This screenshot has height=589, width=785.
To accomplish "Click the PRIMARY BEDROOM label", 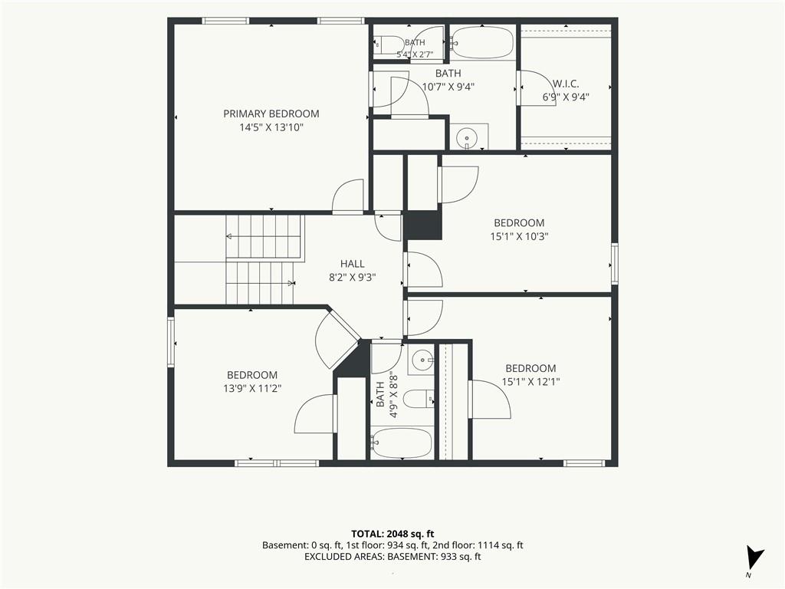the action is (x=271, y=114).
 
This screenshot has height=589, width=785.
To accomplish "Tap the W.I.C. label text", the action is (x=566, y=84).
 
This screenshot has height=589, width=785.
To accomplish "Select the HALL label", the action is (x=353, y=264).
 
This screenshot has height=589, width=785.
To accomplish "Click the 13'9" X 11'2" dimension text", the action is (x=252, y=388).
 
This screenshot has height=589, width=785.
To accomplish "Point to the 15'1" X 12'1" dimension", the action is (x=530, y=382).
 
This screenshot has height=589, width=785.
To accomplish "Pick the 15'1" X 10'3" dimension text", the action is (x=519, y=236).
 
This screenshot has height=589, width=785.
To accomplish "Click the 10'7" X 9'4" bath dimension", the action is (x=448, y=87).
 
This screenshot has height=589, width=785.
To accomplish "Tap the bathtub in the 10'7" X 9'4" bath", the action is (x=482, y=43).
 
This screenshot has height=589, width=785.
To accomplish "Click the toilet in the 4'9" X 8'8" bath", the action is (x=419, y=399).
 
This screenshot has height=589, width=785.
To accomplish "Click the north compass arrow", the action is (x=754, y=558).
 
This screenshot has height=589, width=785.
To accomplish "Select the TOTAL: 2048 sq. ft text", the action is (x=392, y=534).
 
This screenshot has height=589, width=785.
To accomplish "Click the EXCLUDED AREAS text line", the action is (x=392, y=557).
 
